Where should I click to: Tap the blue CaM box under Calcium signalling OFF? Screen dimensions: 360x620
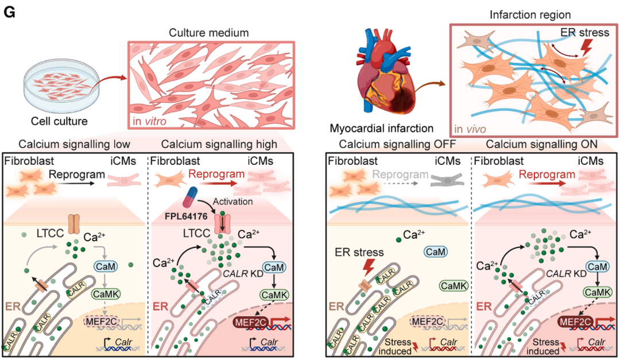coord(437,251)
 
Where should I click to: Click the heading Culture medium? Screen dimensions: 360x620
coord(208,33)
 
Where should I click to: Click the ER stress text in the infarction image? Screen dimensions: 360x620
coord(586,33)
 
